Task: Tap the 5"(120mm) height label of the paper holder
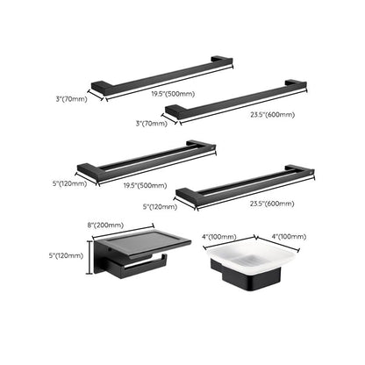tap(68, 256)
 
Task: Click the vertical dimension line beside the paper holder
tap(89, 257)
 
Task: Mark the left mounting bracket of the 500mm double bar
tap(88, 168)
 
